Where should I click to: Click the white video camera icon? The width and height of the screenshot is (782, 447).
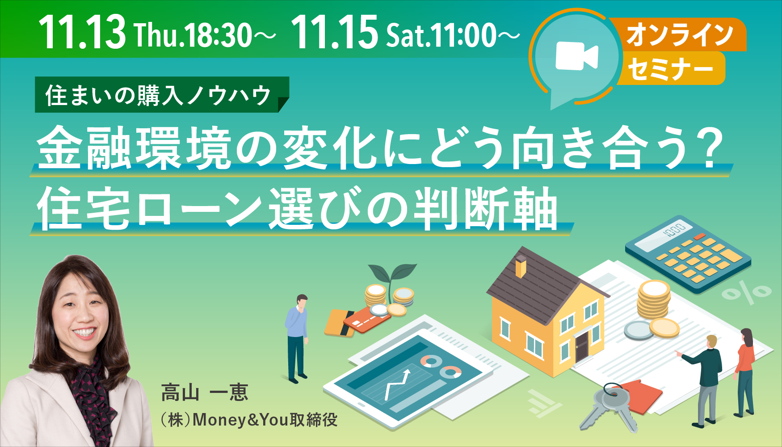[576, 57]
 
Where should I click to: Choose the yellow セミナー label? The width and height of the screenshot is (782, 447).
[670, 68]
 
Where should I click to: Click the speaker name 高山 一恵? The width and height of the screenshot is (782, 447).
[205, 392]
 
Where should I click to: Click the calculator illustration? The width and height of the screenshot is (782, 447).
[688, 255]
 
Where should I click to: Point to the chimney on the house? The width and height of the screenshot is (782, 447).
[521, 266]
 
